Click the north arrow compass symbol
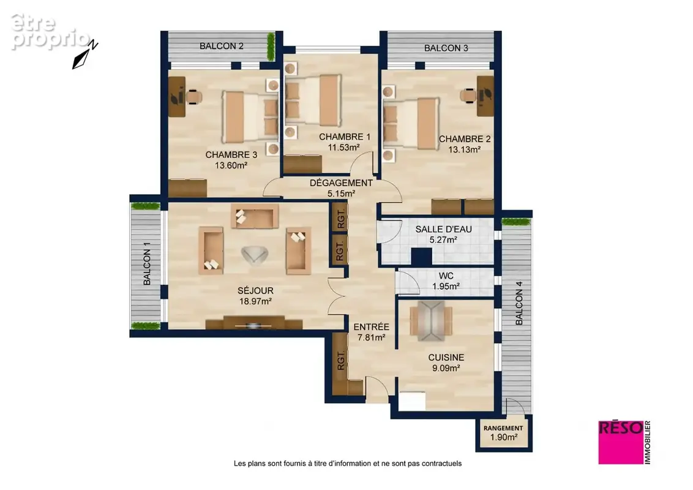(85, 55)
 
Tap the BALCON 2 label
(222, 46)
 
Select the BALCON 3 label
(446, 48)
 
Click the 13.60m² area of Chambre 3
(231, 165)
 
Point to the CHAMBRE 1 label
(345, 137)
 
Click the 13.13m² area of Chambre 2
(465, 149)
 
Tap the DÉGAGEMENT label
(341, 183)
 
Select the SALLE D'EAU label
(443, 229)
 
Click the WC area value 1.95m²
(446, 287)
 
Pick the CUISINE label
(446, 357)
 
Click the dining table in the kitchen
(432, 321)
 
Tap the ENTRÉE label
(371, 327)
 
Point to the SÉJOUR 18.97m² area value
(255, 301)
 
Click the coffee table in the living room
(255, 255)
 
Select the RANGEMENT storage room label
(503, 428)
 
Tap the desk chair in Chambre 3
(194, 96)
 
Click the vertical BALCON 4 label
(519, 303)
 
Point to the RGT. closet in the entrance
(341, 361)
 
